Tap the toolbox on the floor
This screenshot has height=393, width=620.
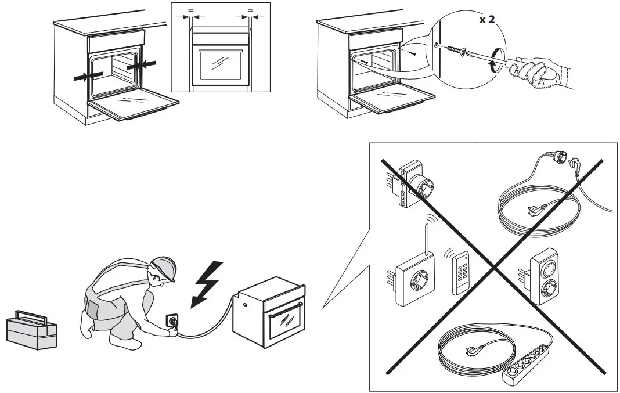coord(32,330)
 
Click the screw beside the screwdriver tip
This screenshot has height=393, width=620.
coord(456,49)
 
